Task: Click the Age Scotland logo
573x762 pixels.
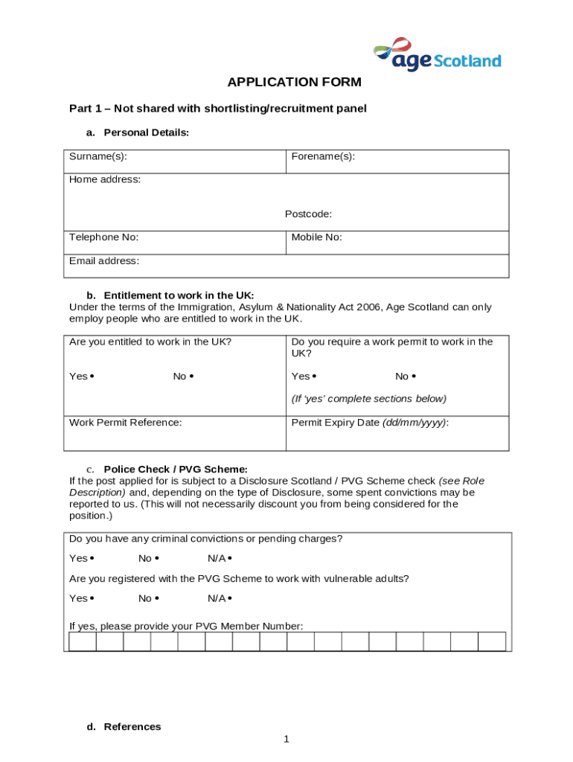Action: (x=436, y=54)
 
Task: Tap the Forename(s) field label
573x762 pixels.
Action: (x=323, y=156)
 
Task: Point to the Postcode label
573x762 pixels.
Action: (x=308, y=214)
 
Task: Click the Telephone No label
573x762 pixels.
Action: (x=103, y=237)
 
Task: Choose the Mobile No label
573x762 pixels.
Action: (x=316, y=237)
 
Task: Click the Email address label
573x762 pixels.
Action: (x=104, y=261)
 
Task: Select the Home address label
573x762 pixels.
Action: (x=105, y=179)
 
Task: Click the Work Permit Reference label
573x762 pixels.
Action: (x=126, y=423)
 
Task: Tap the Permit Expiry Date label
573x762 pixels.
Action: (x=370, y=423)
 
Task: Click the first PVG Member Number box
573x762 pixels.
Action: (x=83, y=641)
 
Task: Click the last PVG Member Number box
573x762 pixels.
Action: (x=492, y=641)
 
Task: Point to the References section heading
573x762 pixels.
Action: (x=132, y=727)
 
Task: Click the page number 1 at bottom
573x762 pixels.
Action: (x=286, y=739)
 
